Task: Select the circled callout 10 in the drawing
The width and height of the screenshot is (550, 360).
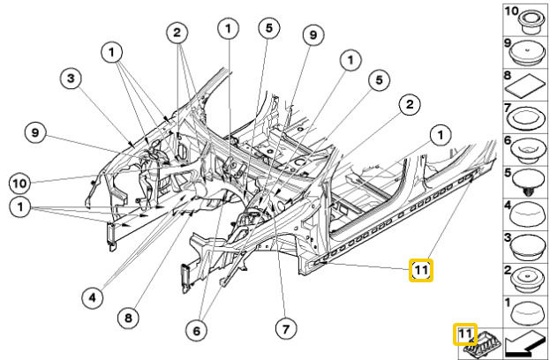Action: tap(21, 184)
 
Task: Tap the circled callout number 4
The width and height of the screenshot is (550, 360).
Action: tap(94, 297)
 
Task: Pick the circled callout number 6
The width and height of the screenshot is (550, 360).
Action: tap(197, 329)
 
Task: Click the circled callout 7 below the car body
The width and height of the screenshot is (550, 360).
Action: tap(283, 329)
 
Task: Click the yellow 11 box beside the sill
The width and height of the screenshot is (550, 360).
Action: tap(421, 270)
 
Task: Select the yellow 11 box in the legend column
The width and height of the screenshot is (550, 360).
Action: tap(464, 334)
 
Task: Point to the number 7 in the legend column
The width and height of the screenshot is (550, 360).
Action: tap(508, 109)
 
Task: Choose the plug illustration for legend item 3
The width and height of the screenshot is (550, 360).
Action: tap(526, 249)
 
